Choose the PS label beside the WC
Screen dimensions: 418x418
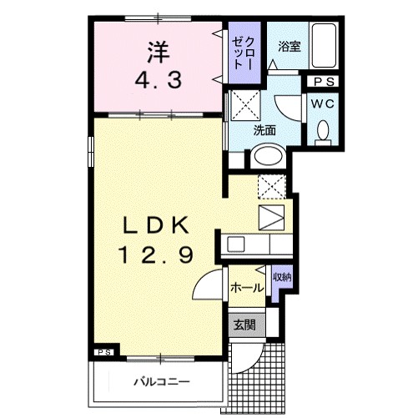pos(325,82)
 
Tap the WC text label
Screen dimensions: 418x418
pos(325,104)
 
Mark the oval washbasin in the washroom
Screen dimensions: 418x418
pos(266,156)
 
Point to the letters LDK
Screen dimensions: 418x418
pos(159,225)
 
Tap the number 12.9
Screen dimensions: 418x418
pos(159,250)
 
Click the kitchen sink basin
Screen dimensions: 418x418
pos(237,244)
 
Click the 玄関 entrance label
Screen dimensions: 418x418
pos(244,325)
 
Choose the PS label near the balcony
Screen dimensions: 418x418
pos(103,351)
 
